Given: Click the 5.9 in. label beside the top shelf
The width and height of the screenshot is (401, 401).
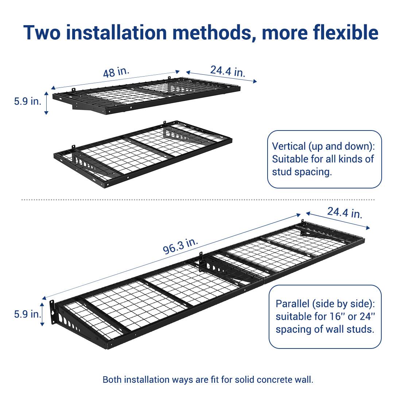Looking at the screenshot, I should pyautogui.click(x=27, y=101).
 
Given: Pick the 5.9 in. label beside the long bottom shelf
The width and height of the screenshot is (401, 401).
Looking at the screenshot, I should pyautogui.click(x=27, y=314).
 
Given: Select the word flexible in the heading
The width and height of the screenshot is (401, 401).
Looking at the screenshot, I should pyautogui.click(x=345, y=32).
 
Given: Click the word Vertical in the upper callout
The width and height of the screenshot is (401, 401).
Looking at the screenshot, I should pyautogui.click(x=289, y=147).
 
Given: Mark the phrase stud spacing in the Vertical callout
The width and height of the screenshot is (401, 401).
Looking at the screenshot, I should pyautogui.click(x=302, y=172).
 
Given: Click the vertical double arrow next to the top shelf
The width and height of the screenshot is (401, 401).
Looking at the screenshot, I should pyautogui.click(x=46, y=103).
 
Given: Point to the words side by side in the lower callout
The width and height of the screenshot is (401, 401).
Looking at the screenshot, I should pyautogui.click(x=346, y=304).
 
